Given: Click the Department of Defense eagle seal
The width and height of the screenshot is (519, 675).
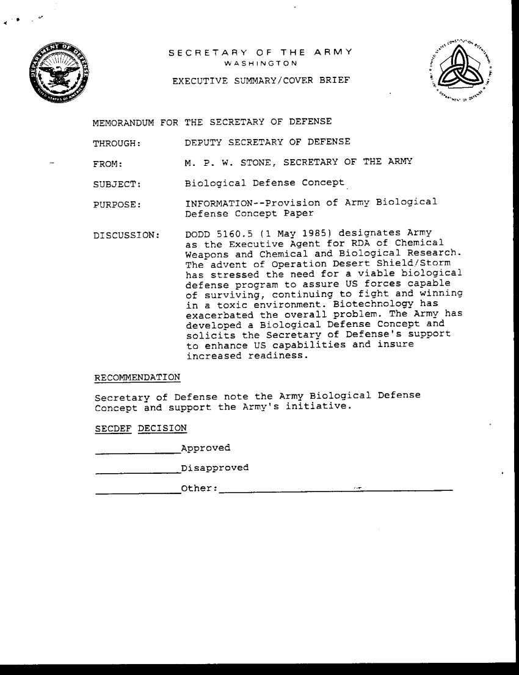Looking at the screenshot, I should click(59, 74).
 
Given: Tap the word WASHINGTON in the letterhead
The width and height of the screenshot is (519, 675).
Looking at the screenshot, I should click(260, 63).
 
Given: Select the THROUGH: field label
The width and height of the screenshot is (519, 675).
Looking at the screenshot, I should click(117, 144).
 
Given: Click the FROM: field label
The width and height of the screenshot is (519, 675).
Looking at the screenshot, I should click(108, 164).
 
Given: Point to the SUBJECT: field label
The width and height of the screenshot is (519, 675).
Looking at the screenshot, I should click(117, 184).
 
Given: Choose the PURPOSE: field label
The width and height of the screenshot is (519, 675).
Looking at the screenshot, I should click(117, 204).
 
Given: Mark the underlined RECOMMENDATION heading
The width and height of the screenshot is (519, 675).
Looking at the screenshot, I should click(137, 378).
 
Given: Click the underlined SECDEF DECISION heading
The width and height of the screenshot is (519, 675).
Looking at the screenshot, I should click(141, 428).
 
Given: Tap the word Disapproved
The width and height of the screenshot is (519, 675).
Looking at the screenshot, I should click(215, 468).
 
